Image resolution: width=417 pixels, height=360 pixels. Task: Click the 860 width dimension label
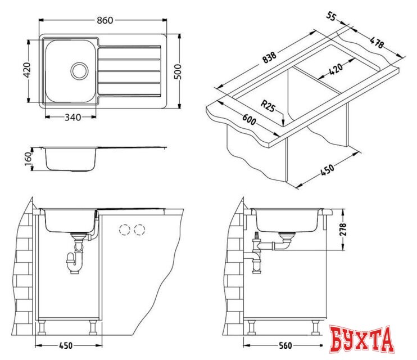click(x=105, y=20)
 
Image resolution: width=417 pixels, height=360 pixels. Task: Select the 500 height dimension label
click(x=178, y=71)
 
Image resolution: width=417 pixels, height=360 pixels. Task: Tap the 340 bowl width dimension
click(x=73, y=117)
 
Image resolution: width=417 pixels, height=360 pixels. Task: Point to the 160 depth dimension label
click(x=28, y=159)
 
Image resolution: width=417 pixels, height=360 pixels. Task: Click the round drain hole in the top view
click(x=79, y=70)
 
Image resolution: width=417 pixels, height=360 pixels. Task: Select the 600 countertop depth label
click(x=249, y=119)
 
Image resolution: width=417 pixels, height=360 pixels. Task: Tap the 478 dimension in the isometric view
click(x=377, y=42)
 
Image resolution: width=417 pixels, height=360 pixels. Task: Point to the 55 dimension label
click(x=331, y=16)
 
